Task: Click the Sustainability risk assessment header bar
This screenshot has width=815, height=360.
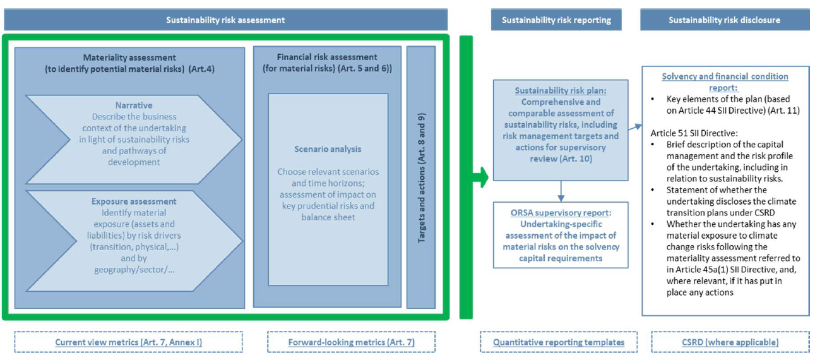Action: [x=225, y=20]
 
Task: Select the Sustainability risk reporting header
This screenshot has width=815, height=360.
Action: [x=556, y=20]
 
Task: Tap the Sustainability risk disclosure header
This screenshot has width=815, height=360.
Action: [x=724, y=20]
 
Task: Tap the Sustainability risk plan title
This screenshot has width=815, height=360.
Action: [x=560, y=90]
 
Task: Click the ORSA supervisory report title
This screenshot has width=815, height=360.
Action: [x=560, y=213]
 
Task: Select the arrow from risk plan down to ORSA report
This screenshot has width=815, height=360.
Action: [x=560, y=189]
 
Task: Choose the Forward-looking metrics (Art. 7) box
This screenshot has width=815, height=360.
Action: [x=352, y=342]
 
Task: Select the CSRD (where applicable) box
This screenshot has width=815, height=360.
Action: [x=724, y=342]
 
